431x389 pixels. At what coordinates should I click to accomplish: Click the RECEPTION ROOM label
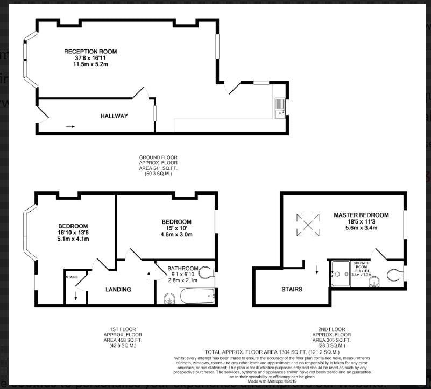click(90, 52)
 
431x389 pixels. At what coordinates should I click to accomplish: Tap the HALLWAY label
click(114, 116)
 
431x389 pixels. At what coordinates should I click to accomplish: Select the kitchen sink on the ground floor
click(279, 107)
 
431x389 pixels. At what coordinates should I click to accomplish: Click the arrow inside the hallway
click(70, 127)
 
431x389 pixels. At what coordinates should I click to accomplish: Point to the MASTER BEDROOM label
click(361, 215)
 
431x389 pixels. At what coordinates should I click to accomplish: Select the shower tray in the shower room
click(341, 275)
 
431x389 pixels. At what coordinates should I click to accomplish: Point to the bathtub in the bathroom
click(197, 296)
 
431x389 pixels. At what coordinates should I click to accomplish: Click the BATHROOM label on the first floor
click(183, 268)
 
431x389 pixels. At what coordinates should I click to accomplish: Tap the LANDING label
click(118, 290)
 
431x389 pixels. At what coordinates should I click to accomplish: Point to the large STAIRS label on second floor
click(292, 289)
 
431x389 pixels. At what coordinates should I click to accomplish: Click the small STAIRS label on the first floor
click(72, 277)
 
